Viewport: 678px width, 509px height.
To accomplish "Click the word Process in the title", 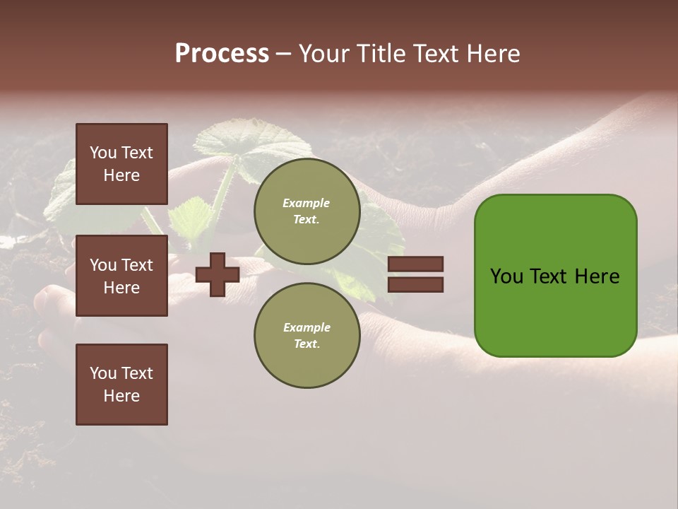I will pyautogui.click(x=222, y=54).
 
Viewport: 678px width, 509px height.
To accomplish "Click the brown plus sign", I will pyautogui.click(x=217, y=274).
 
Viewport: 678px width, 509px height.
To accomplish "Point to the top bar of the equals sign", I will pyautogui.click(x=415, y=264).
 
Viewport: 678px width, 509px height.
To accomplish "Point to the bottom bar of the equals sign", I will pyautogui.click(x=415, y=284).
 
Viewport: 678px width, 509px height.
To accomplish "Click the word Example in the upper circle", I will pyautogui.click(x=307, y=203).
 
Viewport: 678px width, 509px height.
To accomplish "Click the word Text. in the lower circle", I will pyautogui.click(x=307, y=344).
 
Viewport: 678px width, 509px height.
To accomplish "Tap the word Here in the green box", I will pyautogui.click(x=597, y=276).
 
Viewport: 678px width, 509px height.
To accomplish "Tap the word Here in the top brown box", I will pyautogui.click(x=121, y=175).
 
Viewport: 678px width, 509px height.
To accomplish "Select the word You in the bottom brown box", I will pyautogui.click(x=103, y=373).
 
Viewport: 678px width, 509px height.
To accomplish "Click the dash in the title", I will pyautogui.click(x=283, y=54).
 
